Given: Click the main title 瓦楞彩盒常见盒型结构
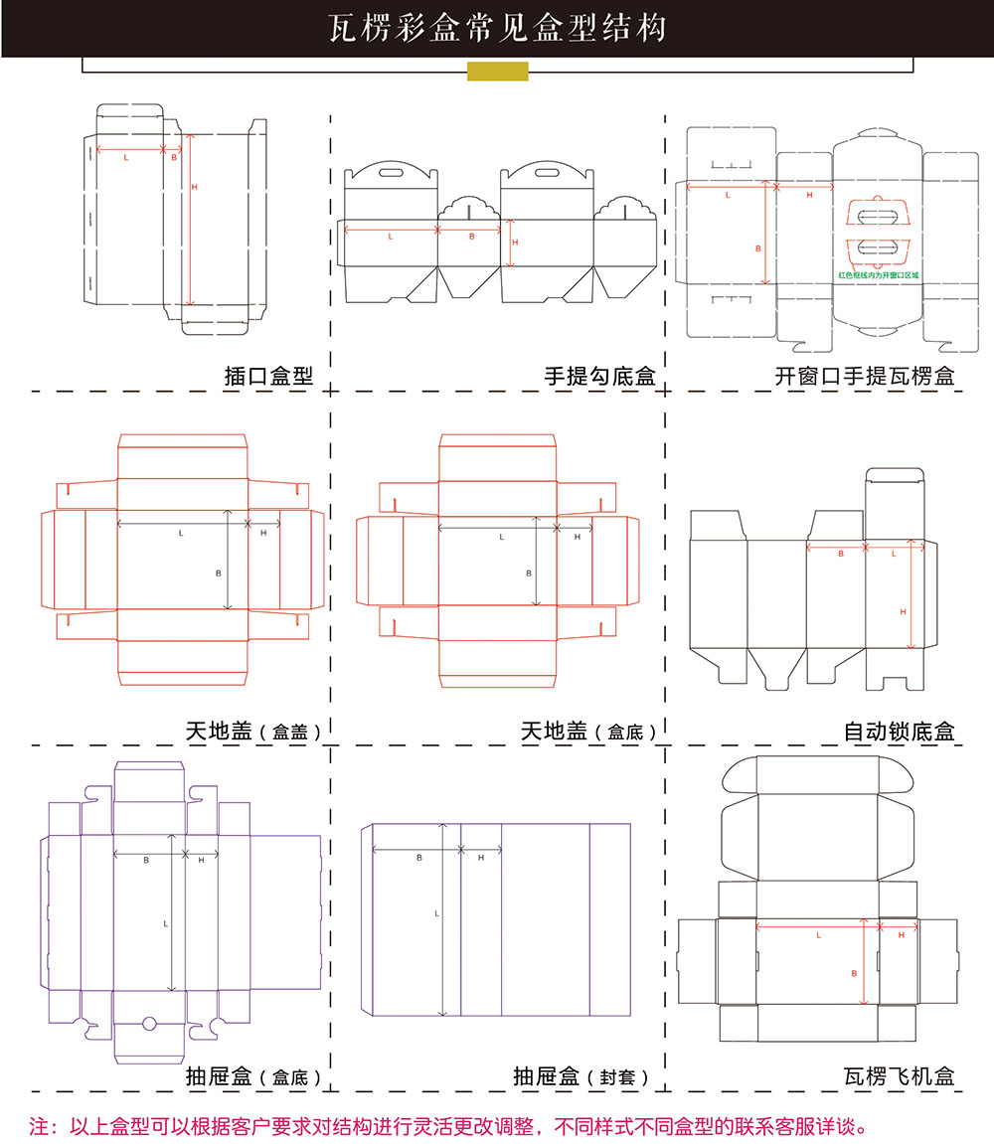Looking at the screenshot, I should click(x=497, y=28).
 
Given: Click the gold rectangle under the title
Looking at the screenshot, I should click(x=497, y=71).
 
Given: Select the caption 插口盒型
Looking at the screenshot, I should click(x=268, y=377).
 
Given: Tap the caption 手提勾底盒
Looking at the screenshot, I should click(x=599, y=377).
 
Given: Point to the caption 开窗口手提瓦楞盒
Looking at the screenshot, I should click(x=865, y=377).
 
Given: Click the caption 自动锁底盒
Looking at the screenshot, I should click(x=899, y=732).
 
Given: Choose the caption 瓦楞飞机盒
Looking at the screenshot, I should click(x=899, y=1075).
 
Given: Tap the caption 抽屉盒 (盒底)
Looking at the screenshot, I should click(x=252, y=1076).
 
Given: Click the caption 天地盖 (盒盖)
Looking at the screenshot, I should click(x=252, y=732).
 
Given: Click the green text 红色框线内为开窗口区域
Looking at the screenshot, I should click(x=879, y=274).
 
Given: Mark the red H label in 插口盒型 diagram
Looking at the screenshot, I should click(x=195, y=187).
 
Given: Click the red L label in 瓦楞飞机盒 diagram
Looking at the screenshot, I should click(x=818, y=935).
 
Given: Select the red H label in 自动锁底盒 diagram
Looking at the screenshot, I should click(x=904, y=611).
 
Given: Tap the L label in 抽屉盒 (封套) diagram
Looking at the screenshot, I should click(x=436, y=912).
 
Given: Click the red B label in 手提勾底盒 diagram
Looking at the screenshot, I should click(x=471, y=237).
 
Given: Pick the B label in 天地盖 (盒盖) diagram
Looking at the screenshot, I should click(x=218, y=573).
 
